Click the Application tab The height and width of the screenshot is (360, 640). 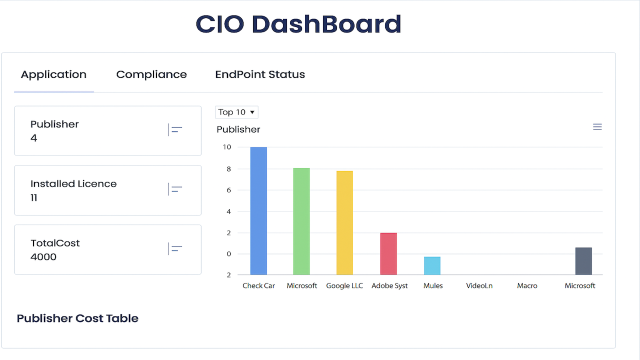point(53,75)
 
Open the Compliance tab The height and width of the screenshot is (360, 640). point(151,74)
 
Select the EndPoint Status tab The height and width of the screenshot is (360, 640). point(260,74)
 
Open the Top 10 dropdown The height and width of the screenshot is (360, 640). point(236,112)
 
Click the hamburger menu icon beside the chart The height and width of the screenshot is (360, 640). point(597,126)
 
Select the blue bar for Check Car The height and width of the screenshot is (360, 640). point(258,211)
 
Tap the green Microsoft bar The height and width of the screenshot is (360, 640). point(301,221)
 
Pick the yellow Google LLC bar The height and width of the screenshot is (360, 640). point(344,223)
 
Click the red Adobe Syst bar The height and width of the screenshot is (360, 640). point(388,253)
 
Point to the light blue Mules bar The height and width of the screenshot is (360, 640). point(432,265)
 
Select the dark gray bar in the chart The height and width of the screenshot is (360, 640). point(583,261)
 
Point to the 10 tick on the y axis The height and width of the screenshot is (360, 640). point(227,147)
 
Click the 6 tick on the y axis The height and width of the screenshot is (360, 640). point(228,190)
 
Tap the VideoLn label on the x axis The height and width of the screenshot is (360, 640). point(479,285)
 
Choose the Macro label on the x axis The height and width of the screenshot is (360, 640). point(527,285)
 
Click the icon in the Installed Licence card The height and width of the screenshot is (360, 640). point(175,189)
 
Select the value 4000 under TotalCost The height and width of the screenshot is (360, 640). point(43,257)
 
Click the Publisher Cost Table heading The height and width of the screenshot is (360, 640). point(77,318)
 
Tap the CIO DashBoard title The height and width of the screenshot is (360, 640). point(298,24)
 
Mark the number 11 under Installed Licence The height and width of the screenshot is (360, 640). point(33,197)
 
